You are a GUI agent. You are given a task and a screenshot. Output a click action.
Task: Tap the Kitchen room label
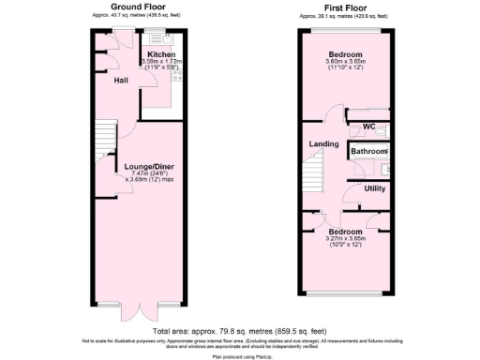click(x=162, y=56)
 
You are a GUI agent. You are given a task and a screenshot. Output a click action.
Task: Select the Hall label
click(x=122, y=80)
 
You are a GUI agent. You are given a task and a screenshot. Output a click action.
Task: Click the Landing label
click(x=323, y=143)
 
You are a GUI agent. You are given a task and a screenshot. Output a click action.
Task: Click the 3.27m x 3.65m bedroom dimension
click(x=344, y=238)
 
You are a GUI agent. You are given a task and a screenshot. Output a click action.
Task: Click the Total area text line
click(x=239, y=331)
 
